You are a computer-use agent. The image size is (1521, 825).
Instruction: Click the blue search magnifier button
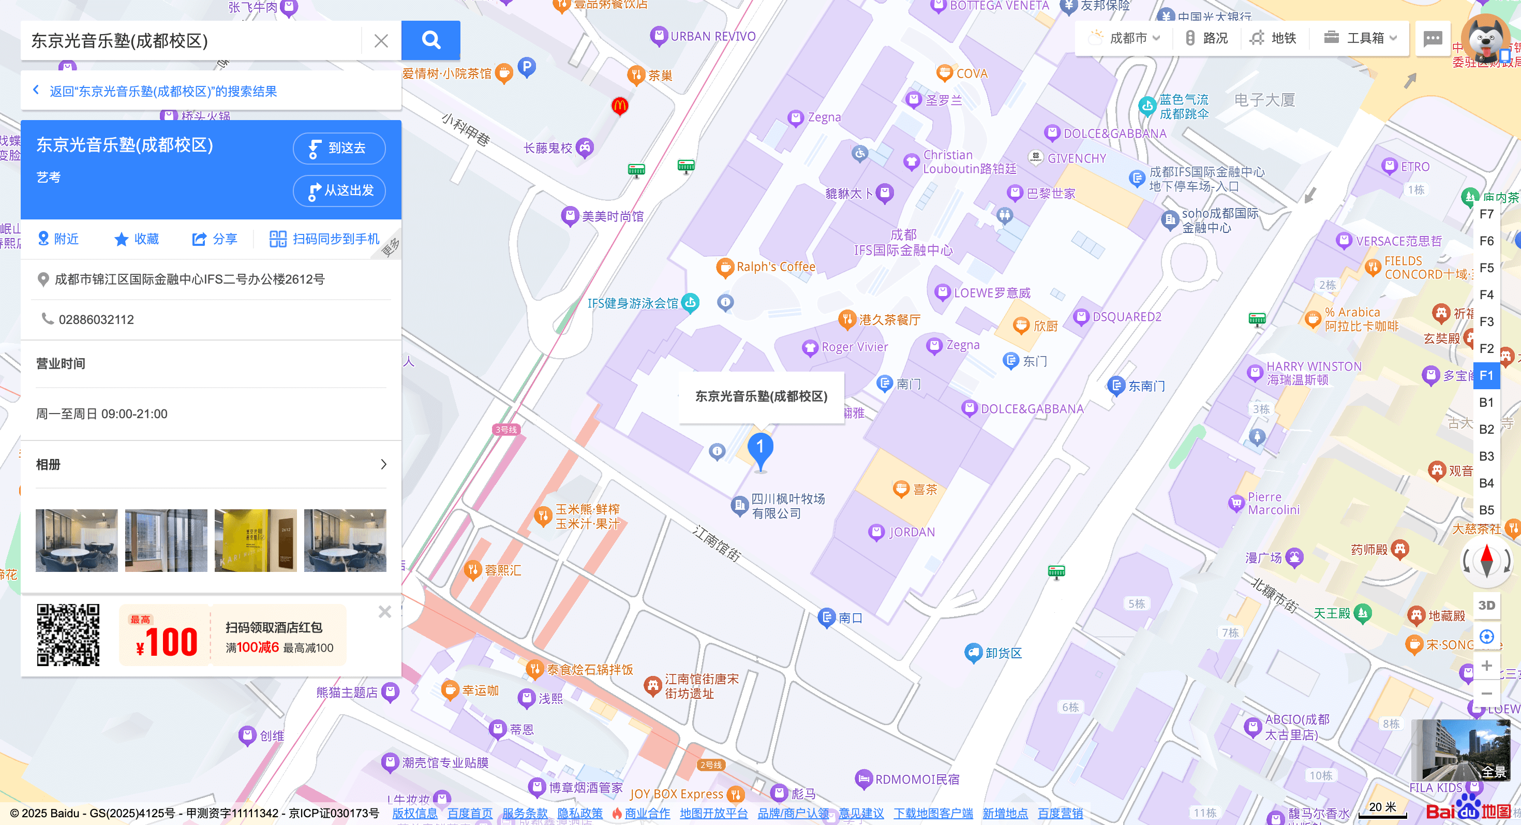coord(430,40)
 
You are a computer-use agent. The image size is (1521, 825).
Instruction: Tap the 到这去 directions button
coord(339,148)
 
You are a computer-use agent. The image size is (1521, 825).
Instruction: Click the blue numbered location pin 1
coord(760,449)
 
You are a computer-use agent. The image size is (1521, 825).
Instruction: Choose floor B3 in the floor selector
coord(1486,456)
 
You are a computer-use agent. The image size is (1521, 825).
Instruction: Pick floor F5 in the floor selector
coord(1486,268)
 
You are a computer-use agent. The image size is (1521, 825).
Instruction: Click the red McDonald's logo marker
coord(619,106)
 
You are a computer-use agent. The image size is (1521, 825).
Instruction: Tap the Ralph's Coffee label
coord(774,267)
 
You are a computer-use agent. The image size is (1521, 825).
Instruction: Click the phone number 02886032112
coord(96,319)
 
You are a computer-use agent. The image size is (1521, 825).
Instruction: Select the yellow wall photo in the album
coord(255,540)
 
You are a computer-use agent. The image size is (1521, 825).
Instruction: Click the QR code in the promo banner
coord(68,635)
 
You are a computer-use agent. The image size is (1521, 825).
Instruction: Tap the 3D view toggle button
coord(1486,606)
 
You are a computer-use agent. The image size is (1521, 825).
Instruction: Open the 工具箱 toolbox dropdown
coord(1360,38)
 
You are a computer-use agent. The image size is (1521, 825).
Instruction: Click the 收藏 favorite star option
coord(137,239)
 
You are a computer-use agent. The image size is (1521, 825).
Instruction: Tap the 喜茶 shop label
coord(924,490)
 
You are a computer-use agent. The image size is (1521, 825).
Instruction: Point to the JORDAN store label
coord(911,532)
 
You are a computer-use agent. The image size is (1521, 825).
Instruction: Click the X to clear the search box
coord(381,41)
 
